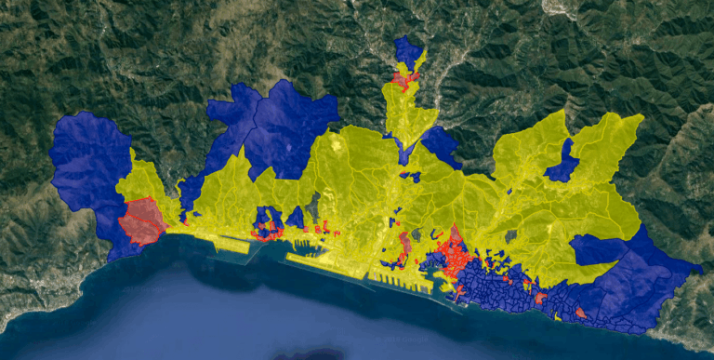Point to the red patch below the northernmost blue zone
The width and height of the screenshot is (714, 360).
click(x=403, y=80)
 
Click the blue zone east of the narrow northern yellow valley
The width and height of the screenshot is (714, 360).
click(x=441, y=145)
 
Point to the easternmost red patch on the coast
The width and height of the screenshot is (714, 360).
click(x=580, y=313)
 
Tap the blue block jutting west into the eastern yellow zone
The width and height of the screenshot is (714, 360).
click(x=595, y=249)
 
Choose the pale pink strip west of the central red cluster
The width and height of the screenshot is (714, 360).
click(x=405, y=246)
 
